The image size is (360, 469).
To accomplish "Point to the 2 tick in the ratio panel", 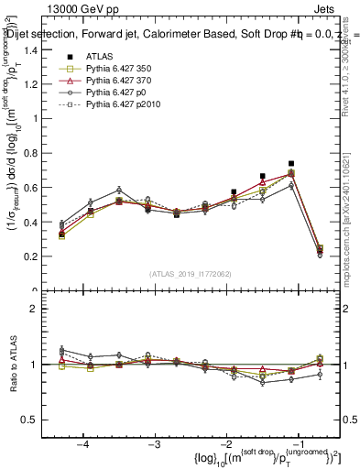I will point(48,309).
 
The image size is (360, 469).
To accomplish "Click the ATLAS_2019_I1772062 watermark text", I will point(191,274).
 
